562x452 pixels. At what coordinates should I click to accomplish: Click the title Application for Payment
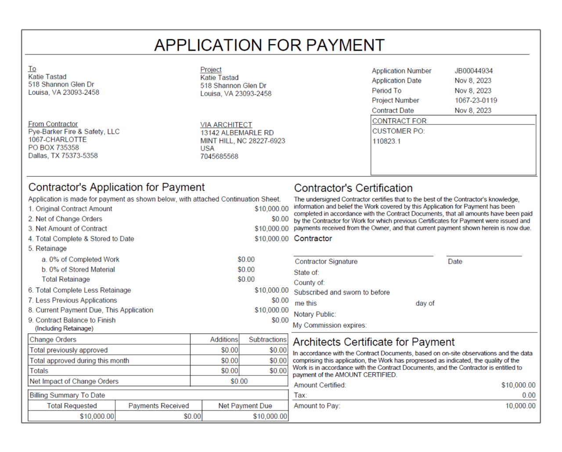[x=269, y=45]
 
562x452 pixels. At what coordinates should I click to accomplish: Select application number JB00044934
[x=473, y=71]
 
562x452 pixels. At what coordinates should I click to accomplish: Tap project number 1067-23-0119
[x=476, y=100]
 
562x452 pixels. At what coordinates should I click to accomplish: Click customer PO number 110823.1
[x=386, y=141]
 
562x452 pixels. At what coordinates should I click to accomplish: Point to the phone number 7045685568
[x=219, y=157]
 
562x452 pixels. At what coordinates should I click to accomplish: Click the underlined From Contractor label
[x=53, y=124]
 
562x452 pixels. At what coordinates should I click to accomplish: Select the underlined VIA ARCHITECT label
[x=226, y=125]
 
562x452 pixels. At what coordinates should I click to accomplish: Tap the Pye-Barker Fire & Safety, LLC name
[x=74, y=131]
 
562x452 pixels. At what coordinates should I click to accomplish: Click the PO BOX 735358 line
[x=54, y=148]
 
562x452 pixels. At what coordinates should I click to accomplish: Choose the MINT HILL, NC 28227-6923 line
[x=242, y=141]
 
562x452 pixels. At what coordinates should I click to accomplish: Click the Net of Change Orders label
[x=65, y=219]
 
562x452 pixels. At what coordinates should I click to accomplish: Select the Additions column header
[x=224, y=339]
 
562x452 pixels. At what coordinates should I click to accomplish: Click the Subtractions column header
[x=267, y=339]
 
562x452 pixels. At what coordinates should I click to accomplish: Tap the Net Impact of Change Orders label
[x=74, y=381]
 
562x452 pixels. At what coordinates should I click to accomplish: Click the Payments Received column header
[x=159, y=406]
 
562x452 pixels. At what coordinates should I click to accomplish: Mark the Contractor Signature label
[x=326, y=262]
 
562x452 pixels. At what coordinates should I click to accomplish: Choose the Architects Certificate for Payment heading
[x=374, y=342]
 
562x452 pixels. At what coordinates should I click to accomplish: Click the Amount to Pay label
[x=317, y=406]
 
